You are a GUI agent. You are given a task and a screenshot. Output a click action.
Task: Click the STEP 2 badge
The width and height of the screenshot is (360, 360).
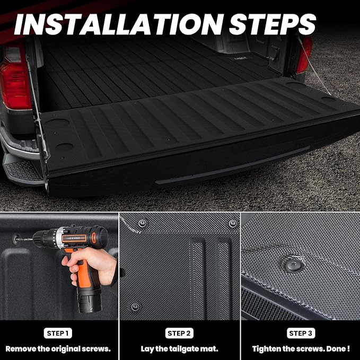point(179,333)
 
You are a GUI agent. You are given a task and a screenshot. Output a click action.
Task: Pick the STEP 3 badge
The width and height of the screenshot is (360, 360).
point(300,333)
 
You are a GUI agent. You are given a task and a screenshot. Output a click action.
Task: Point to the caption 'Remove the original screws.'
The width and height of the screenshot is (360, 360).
point(58,349)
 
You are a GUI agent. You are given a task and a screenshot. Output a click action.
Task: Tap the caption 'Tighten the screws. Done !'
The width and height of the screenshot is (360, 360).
point(301,349)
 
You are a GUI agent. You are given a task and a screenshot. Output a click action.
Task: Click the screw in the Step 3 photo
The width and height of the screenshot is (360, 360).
point(293,264)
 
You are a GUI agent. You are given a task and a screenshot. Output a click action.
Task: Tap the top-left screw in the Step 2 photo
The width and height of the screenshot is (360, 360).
point(142,223)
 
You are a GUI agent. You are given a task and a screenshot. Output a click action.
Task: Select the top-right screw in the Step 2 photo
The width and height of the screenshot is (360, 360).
point(232,224)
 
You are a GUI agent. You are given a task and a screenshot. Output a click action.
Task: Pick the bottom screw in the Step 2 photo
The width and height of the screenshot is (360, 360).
point(135,306)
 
